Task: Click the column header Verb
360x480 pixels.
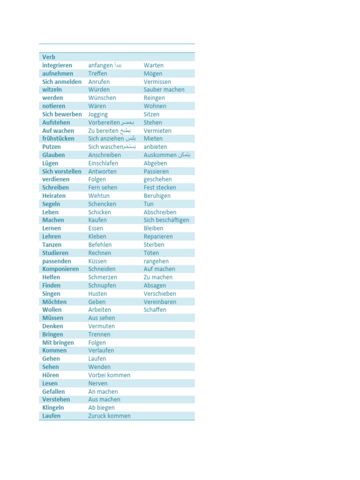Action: point(49,57)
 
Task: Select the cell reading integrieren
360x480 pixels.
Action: point(57,65)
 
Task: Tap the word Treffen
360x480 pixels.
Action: point(97,74)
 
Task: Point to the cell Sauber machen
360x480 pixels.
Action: point(164,90)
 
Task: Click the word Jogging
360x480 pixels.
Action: point(98,114)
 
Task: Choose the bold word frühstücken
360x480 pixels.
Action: point(58,139)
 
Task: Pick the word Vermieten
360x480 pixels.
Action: point(157,131)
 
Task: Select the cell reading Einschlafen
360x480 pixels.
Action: point(103,163)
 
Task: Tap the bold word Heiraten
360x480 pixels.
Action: point(54,196)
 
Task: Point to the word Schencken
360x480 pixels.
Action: point(102,204)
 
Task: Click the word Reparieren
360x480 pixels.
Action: point(158,237)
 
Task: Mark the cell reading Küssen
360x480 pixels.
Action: point(97,261)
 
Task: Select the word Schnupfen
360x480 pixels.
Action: point(102,285)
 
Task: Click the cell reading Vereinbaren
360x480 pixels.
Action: point(160,302)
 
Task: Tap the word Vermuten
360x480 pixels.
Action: point(101,326)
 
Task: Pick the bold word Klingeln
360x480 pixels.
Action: point(53,408)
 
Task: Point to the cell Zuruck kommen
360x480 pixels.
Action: point(109,416)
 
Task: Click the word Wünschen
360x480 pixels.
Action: point(102,98)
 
